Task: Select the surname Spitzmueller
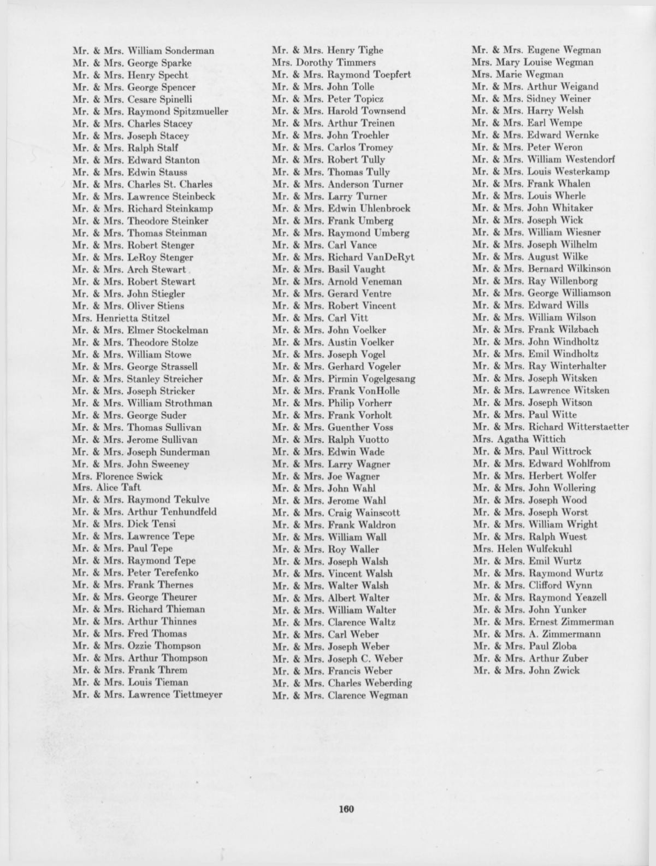click(200, 111)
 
